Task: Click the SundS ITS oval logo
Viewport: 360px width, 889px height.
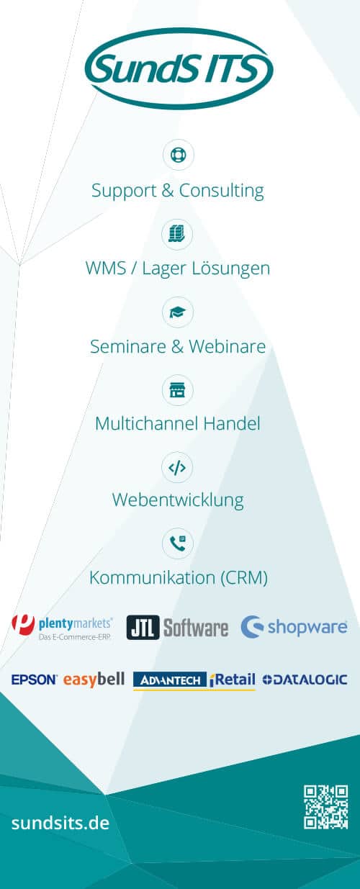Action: pos(179,68)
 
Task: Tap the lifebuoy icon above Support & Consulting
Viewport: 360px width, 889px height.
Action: pos(179,154)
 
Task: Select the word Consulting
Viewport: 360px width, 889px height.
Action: pos(222,191)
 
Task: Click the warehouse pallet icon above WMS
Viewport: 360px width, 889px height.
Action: pos(177,233)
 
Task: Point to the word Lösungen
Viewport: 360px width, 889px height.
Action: pos(231,268)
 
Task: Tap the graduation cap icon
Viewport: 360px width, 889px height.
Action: pos(177,312)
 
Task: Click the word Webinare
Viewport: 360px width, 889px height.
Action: pos(227,346)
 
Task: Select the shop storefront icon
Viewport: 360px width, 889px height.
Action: pos(177,390)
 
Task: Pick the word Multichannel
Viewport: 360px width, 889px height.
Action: pos(146,423)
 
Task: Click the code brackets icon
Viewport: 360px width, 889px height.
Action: pos(177,468)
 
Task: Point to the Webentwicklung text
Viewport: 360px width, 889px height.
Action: pos(178,500)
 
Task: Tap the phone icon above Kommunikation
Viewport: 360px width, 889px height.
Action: pos(177,543)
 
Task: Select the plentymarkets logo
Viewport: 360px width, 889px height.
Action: pos(62,628)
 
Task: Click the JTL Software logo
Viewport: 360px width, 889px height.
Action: pos(177,628)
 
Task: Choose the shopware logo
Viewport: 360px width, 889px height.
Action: pos(294,627)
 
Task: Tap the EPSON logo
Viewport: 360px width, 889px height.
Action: pos(35,680)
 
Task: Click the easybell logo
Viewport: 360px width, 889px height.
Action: pos(94,680)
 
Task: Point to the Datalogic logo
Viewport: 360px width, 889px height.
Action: pos(305,680)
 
